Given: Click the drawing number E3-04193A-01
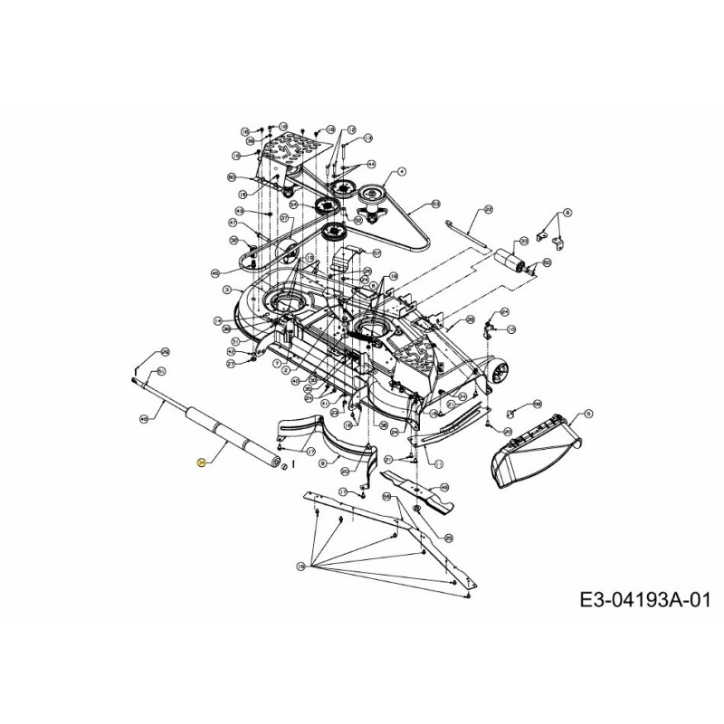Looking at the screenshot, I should [645, 600].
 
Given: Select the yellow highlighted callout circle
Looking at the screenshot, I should [201, 462].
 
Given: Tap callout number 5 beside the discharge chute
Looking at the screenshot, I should [589, 414].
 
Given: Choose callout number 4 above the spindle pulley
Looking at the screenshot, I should [402, 171].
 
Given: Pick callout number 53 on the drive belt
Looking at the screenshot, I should [435, 205].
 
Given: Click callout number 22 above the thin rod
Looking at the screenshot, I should [488, 209].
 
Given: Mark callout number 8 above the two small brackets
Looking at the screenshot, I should [567, 212].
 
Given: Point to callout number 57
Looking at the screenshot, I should [376, 253].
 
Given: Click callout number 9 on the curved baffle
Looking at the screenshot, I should [323, 462].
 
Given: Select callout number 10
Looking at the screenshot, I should [300, 566].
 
